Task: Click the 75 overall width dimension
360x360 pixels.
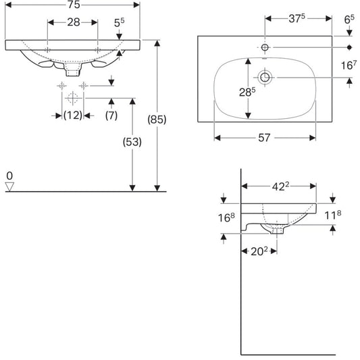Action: click(74, 5)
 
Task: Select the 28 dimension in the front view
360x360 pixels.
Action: click(74, 22)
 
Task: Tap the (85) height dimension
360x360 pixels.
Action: click(157, 120)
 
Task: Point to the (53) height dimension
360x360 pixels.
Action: click(132, 142)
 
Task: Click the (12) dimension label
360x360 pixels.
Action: click(73, 115)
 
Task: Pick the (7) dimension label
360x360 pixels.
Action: click(111, 115)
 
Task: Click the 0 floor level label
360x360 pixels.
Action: click(9, 176)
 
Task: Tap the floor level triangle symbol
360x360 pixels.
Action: click(9, 186)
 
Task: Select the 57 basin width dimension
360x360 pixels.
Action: click(264, 138)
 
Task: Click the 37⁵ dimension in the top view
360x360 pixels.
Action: click(297, 19)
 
